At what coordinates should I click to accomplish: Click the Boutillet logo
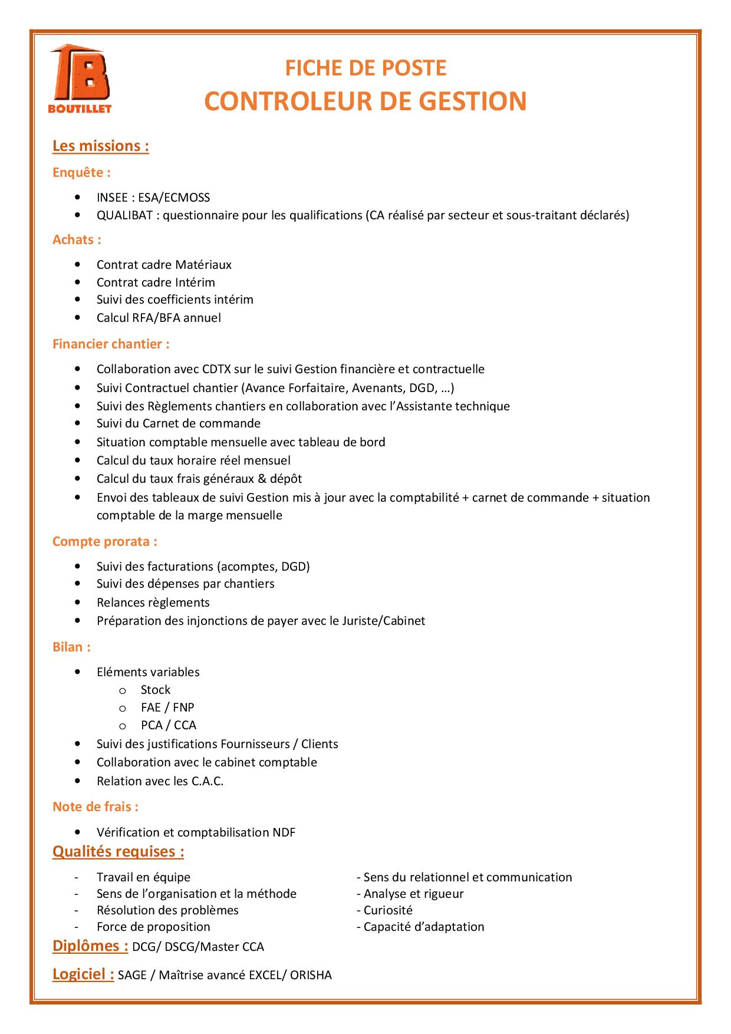80,78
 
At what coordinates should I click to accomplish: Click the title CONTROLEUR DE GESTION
365,101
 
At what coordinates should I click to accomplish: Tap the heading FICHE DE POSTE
365,68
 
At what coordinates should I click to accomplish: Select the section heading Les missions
100,146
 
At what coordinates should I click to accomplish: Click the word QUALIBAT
124,215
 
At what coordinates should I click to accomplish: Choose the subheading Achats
77,239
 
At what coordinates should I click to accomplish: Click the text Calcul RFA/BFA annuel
159,318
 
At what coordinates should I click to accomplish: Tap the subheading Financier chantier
111,344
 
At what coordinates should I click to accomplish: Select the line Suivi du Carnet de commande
178,423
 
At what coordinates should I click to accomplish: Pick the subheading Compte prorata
104,541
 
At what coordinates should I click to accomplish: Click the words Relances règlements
153,602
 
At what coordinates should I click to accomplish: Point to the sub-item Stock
155,690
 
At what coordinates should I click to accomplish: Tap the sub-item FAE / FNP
167,707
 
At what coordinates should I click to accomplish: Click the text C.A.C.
207,781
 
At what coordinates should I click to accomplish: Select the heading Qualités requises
118,851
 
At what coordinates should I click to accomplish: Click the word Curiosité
387,910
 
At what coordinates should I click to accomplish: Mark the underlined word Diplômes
90,946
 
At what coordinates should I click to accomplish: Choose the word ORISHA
311,975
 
